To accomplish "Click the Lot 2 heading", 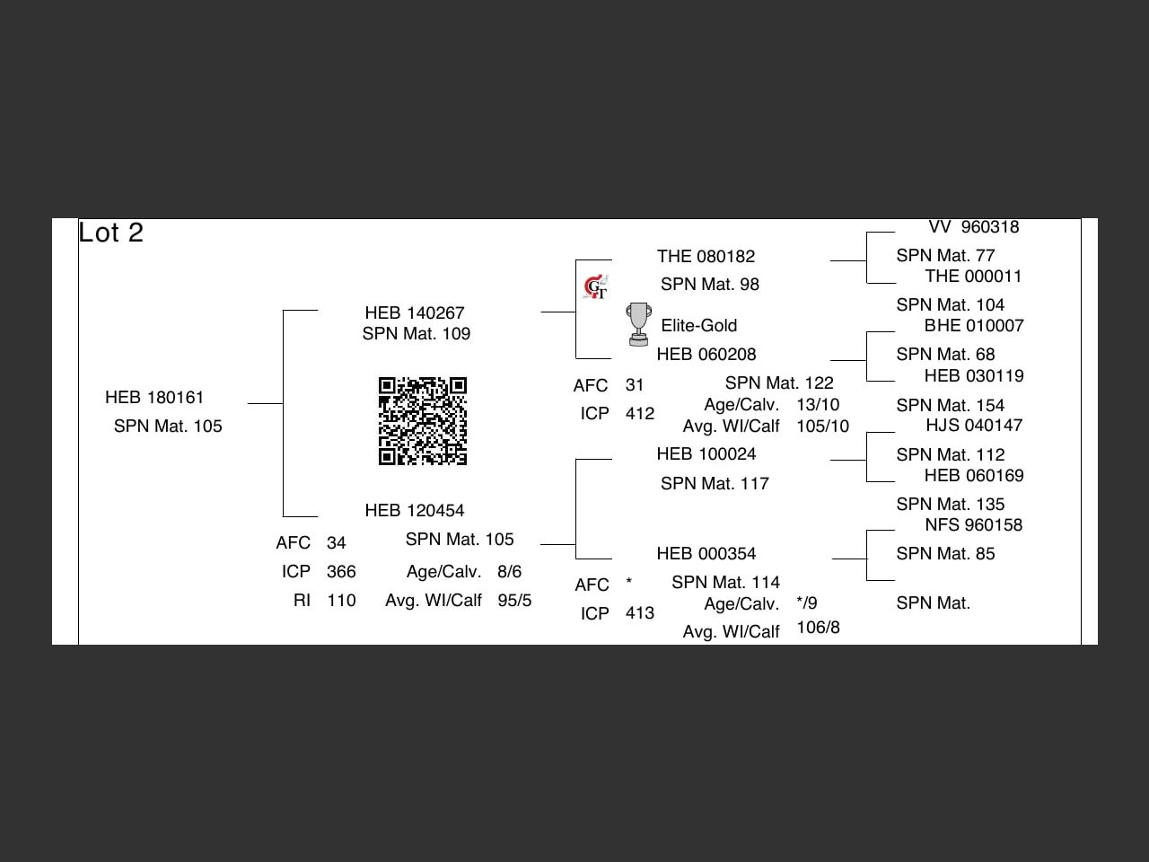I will tap(111, 233).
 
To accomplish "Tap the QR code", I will tap(423, 421).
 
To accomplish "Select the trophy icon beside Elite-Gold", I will tap(638, 324).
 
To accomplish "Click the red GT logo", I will tap(595, 287).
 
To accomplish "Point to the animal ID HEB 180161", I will tap(154, 397).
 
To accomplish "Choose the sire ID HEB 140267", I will tap(415, 312).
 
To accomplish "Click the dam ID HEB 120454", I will tap(415, 510).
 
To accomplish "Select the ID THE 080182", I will tap(706, 256).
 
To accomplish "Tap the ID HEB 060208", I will tap(706, 354).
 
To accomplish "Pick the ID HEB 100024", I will tap(706, 453).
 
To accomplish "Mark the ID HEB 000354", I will tap(706, 553).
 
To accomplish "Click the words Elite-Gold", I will tap(699, 325).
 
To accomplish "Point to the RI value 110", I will tap(341, 600).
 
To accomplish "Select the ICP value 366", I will tap(341, 571).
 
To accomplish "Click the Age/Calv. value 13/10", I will tap(818, 404).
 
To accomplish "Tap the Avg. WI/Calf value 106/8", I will tap(818, 627).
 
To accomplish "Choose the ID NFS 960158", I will tap(974, 524).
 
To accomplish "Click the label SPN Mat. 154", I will tap(951, 405).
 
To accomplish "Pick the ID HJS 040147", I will tap(974, 425).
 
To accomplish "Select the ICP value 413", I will tap(640, 612).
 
